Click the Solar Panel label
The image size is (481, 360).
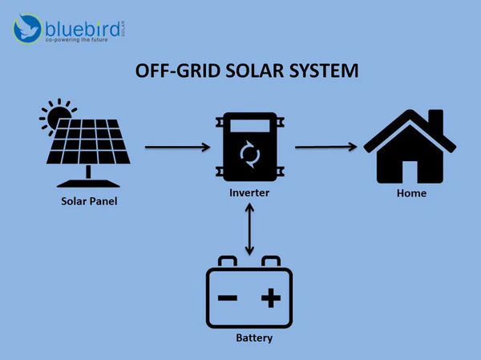89,200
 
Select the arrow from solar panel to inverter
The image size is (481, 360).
177,148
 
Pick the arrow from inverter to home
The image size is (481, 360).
325,146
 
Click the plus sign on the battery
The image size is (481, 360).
271,298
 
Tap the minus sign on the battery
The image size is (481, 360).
227,298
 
